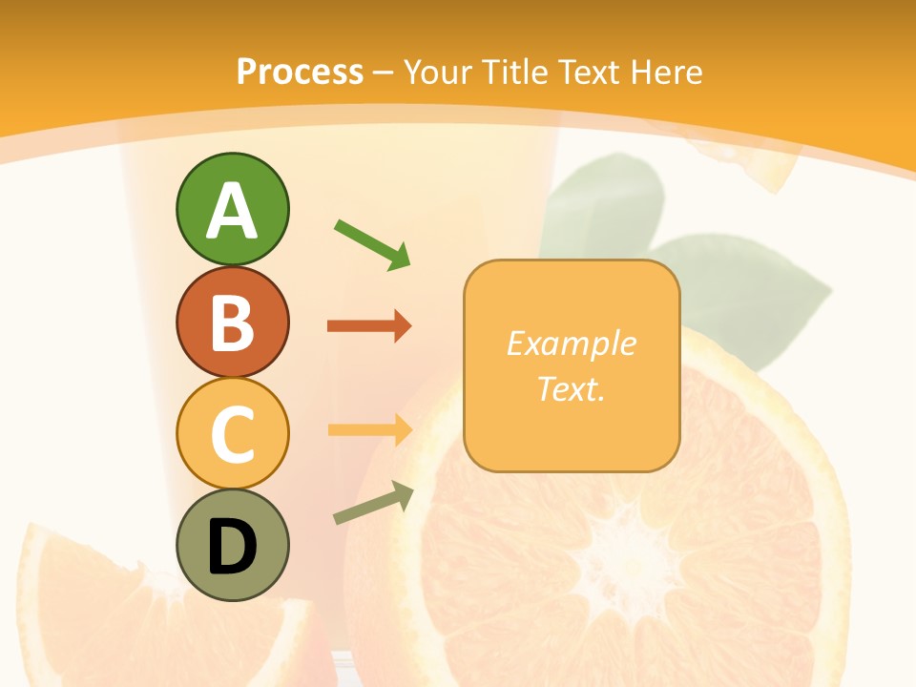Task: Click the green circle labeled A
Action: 232,209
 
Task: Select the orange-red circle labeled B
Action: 232,322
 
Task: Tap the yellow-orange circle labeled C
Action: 232,433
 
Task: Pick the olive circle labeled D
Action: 232,545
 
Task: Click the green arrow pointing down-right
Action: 372,244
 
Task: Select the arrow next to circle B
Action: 369,326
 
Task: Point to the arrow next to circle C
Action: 369,429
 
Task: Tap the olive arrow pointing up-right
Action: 373,502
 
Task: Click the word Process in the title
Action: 300,72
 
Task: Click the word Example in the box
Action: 571,343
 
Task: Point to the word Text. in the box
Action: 571,389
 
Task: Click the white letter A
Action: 232,211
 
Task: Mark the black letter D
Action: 232,547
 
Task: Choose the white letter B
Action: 232,323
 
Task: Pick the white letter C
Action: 232,434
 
